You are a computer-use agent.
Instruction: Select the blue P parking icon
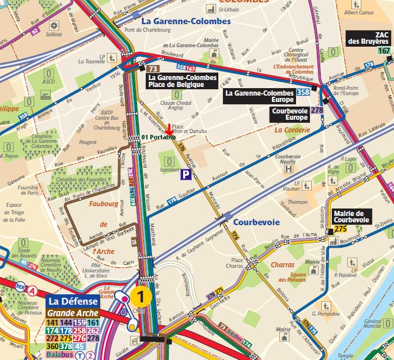[186, 173]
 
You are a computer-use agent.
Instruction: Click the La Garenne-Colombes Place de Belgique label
[182, 81]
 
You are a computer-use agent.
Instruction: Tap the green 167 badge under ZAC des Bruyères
[384, 51]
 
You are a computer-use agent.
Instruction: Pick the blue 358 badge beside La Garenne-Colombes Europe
[303, 93]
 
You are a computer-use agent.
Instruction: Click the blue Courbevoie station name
[256, 222]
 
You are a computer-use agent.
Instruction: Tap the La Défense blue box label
[69, 301]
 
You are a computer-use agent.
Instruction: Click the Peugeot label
[88, 142]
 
